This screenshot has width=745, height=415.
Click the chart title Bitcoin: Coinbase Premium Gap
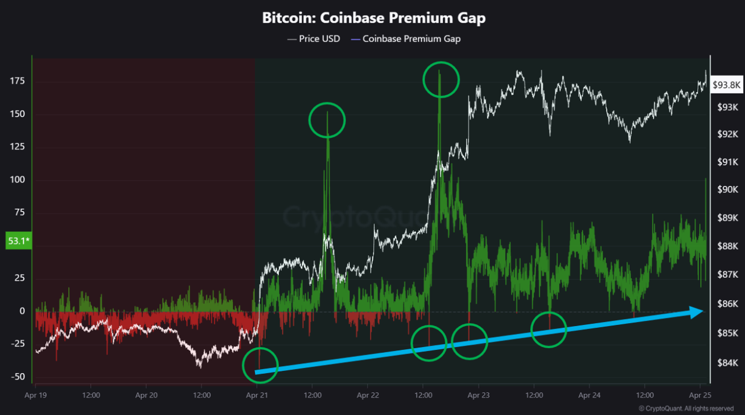click(x=374, y=17)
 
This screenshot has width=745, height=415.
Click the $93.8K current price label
click(x=726, y=85)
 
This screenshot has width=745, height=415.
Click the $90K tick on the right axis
click(x=727, y=189)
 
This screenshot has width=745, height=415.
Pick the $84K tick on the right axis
click(x=727, y=363)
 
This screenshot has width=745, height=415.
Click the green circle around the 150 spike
click(x=327, y=120)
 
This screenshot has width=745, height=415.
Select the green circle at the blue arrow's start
click(x=260, y=365)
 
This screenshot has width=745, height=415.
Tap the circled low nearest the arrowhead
click(x=549, y=330)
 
